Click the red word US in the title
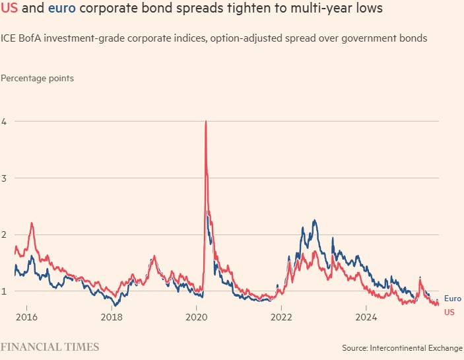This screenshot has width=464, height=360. [10, 11]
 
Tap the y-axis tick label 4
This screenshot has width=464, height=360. [4, 122]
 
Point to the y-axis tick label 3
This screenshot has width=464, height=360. [4, 178]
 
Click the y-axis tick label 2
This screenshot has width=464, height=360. [4, 234]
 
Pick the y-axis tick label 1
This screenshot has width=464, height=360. [4, 291]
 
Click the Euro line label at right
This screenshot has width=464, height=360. [452, 299]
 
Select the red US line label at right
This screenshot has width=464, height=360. [449, 312]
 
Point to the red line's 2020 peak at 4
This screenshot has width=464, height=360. [207, 122]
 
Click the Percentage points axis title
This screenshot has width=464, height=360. [37, 78]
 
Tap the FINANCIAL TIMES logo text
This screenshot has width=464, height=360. [50, 347]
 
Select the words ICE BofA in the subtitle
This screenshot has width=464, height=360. [22, 38]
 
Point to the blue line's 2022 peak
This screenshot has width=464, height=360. [314, 221]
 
